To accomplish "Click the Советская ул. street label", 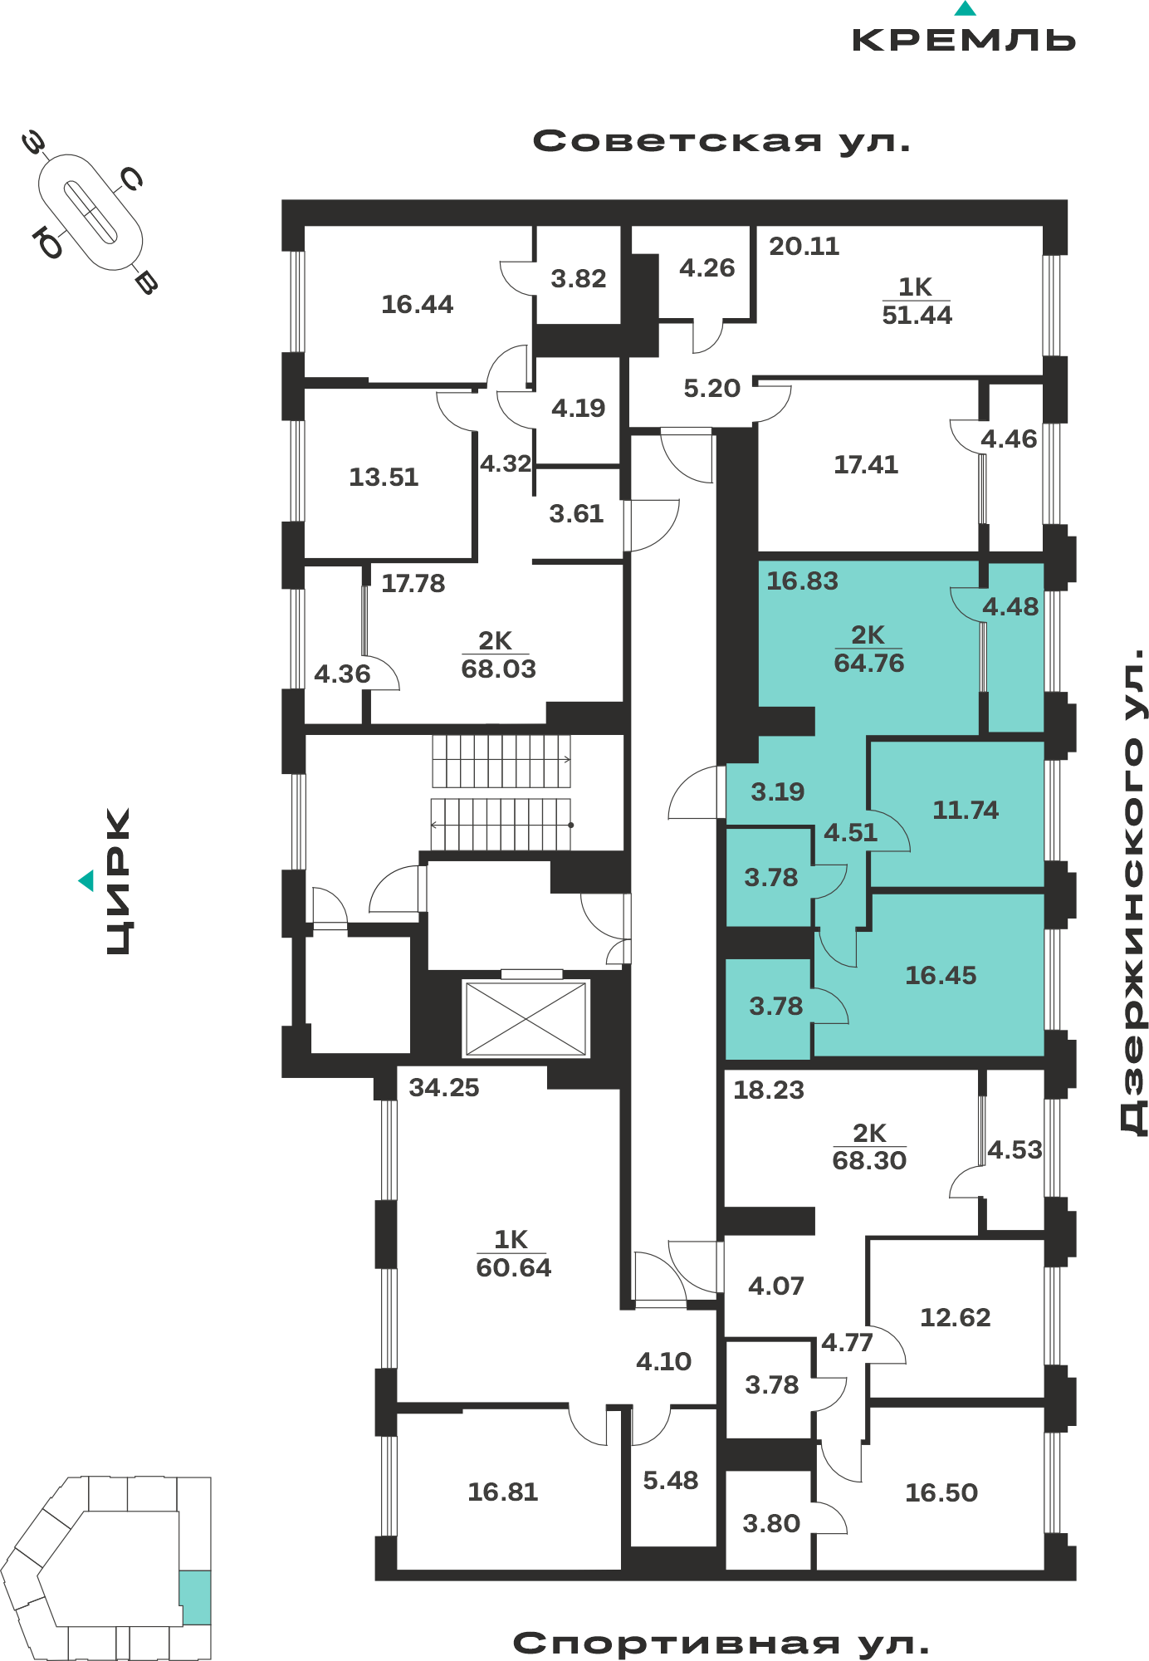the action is [x=721, y=141].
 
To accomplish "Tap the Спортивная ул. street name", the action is [x=721, y=1644].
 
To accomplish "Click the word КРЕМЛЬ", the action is [x=964, y=40].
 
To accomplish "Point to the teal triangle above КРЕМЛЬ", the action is [x=965, y=8].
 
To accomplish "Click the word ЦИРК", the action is [x=119, y=881].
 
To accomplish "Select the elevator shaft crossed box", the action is [x=526, y=1019].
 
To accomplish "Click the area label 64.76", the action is [x=868, y=663].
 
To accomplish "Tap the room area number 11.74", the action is [x=966, y=810].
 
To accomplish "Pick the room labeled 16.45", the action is [x=941, y=975].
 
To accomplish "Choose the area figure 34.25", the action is [x=444, y=1087].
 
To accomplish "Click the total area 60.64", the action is [x=513, y=1267].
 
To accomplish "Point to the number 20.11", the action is [x=804, y=246].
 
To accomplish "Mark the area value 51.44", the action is [x=917, y=315].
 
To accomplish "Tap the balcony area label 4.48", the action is [x=1010, y=607].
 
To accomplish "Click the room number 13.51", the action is [x=384, y=477].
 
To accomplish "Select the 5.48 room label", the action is [x=671, y=1480].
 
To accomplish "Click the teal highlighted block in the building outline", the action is [x=195, y=1597].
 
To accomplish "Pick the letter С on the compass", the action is [x=131, y=179].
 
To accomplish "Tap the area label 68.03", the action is [x=498, y=669].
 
